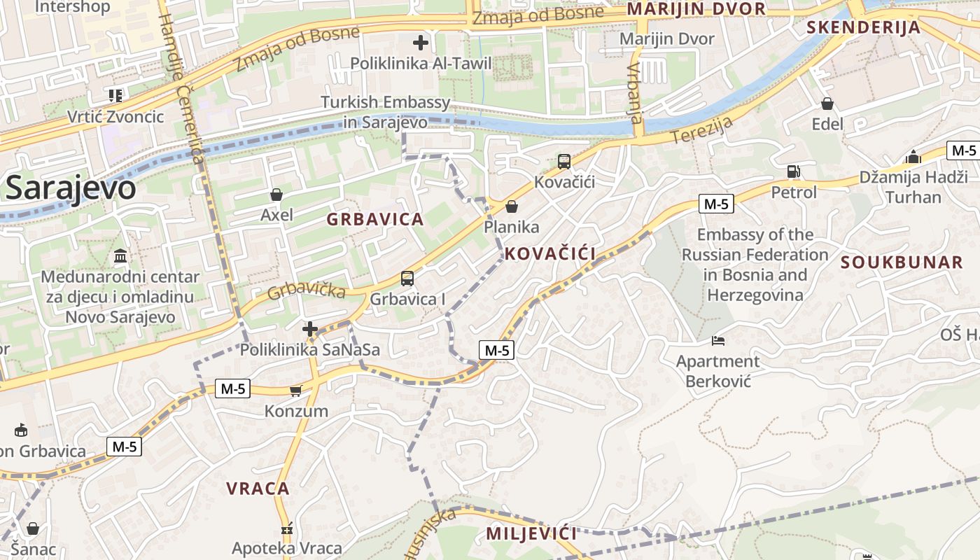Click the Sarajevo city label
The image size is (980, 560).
[70, 188]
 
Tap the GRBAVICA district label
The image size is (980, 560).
[375, 219]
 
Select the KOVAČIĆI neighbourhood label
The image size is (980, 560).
[550, 253]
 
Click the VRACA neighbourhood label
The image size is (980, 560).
[258, 489]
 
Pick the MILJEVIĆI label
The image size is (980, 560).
[531, 534]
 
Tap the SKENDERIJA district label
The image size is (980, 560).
[863, 28]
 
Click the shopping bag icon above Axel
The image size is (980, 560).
[276, 194]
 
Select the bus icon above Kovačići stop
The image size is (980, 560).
[564, 162]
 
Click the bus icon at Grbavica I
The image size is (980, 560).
[407, 279]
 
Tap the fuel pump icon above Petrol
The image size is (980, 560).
[793, 171]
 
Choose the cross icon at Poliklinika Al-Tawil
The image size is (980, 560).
[421, 43]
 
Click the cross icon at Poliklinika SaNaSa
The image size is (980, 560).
[310, 328]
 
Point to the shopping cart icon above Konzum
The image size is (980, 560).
[296, 391]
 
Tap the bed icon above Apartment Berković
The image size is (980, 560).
[718, 341]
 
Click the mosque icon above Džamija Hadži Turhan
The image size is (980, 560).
[913, 157]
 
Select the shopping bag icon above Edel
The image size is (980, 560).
[827, 104]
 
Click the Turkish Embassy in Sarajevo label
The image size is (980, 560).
[386, 112]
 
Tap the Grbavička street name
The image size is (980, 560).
[306, 288]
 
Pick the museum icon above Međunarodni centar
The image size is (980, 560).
[120, 256]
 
